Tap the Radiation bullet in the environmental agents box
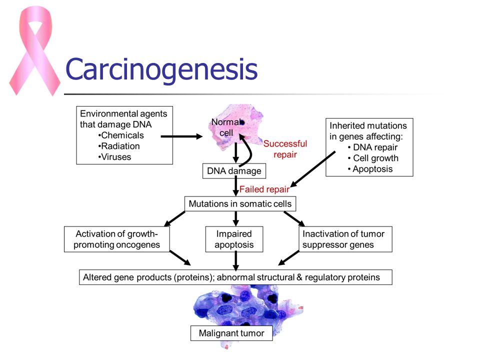119,146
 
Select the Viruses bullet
115,156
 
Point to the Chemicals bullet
121,135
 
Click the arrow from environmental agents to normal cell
181,136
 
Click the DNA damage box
234,171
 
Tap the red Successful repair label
285,149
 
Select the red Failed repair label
264,189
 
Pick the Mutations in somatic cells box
240,204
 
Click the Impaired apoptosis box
234,239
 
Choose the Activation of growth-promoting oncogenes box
116,239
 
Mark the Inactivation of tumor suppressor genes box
345,239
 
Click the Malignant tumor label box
231,333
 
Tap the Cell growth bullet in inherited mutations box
373,158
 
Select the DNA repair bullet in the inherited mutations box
372,147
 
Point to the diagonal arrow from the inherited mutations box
312,169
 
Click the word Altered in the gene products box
97,277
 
